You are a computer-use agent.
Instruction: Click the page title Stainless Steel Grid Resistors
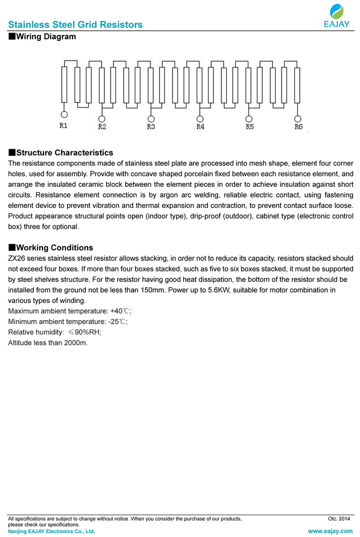(75, 25)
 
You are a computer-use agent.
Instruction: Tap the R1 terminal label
(63, 126)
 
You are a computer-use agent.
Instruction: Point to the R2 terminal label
(102, 127)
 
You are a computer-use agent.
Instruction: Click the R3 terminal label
(151, 127)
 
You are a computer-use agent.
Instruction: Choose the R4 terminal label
(200, 127)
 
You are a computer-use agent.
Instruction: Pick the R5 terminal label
(249, 127)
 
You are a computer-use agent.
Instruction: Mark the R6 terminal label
(298, 127)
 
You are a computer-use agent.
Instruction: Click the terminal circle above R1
(64, 114)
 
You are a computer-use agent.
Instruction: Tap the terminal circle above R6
(298, 118)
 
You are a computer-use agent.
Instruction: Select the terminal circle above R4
(200, 118)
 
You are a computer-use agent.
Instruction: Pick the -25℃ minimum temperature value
(118, 321)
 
